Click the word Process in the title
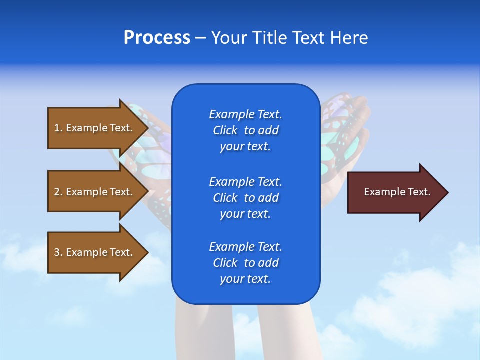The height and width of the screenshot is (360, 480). (157, 38)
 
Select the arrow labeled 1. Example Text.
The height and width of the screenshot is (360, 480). (95, 128)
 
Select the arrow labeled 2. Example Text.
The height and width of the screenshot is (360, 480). (95, 192)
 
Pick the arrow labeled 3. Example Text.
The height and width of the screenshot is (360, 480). (95, 252)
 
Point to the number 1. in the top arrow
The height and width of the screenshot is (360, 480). (58, 128)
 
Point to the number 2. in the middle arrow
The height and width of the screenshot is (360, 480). (58, 192)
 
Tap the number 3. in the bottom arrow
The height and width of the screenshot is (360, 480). (58, 252)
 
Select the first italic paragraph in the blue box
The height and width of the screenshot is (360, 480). (245, 130)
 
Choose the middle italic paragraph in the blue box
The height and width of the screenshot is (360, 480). (245, 197)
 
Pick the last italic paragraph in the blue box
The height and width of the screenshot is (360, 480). (245, 263)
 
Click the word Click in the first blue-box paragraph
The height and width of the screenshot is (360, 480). (225, 130)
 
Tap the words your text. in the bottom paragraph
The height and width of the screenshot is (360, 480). (245, 279)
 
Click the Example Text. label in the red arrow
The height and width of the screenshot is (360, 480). (397, 192)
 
